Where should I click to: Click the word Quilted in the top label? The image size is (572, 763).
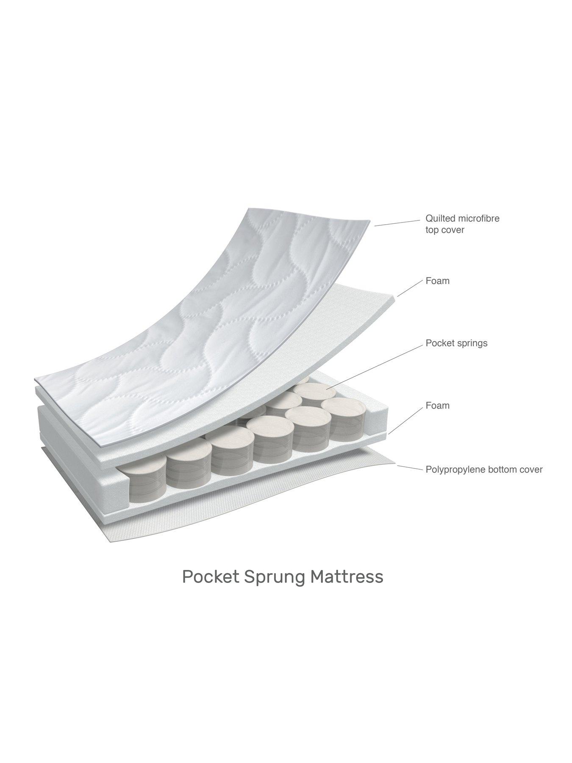pos(439,219)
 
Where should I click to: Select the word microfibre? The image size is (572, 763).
pos(478,219)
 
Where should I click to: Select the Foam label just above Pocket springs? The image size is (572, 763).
pos(437,281)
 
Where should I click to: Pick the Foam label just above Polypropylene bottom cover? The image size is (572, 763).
pos(437,406)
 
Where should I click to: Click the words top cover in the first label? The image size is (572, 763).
pos(445,230)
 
